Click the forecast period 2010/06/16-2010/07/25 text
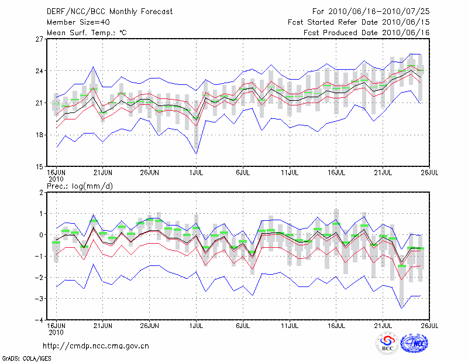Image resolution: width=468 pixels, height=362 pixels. [368, 11]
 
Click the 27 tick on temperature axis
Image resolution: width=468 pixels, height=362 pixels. [40, 39]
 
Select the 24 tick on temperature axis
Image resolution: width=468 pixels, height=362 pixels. [40, 71]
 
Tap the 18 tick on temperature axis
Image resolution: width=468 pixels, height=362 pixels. [40, 135]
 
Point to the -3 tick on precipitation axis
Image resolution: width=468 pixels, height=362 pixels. [40, 299]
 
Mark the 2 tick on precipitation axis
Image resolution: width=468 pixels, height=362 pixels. [42, 193]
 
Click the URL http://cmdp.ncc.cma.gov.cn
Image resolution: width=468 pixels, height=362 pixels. [97, 346]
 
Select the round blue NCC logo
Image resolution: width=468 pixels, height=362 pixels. [416, 343]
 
